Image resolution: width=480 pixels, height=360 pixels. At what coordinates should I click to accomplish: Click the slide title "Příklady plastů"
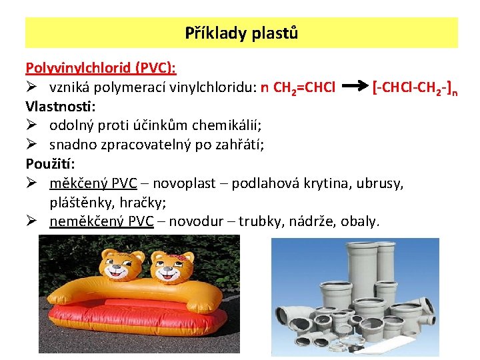(241, 33)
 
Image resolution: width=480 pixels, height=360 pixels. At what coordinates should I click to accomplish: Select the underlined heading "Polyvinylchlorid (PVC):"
(101, 68)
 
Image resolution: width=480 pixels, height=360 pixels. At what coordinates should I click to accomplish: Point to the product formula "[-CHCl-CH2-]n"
(415, 87)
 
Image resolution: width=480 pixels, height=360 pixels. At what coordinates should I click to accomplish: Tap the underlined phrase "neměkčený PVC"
(101, 221)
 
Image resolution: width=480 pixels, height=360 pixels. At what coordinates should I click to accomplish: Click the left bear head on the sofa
(124, 264)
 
